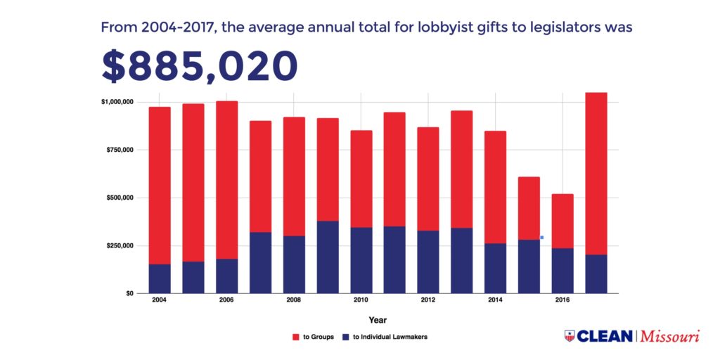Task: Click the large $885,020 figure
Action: coord(200,67)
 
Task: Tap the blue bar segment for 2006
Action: coord(226,276)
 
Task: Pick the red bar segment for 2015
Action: coord(529,208)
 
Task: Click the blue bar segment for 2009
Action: coord(328,257)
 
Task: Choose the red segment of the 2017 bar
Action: coord(596,173)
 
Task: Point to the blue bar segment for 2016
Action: coord(562,270)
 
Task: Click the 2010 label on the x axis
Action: coord(361,301)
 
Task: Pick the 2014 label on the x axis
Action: coord(495,301)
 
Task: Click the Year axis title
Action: coord(378,320)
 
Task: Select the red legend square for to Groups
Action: coord(296,337)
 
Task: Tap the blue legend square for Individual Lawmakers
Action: coord(345,337)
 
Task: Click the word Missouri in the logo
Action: coord(671,336)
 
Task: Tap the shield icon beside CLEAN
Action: coord(570,336)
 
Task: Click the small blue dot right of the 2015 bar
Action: coord(542,238)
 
